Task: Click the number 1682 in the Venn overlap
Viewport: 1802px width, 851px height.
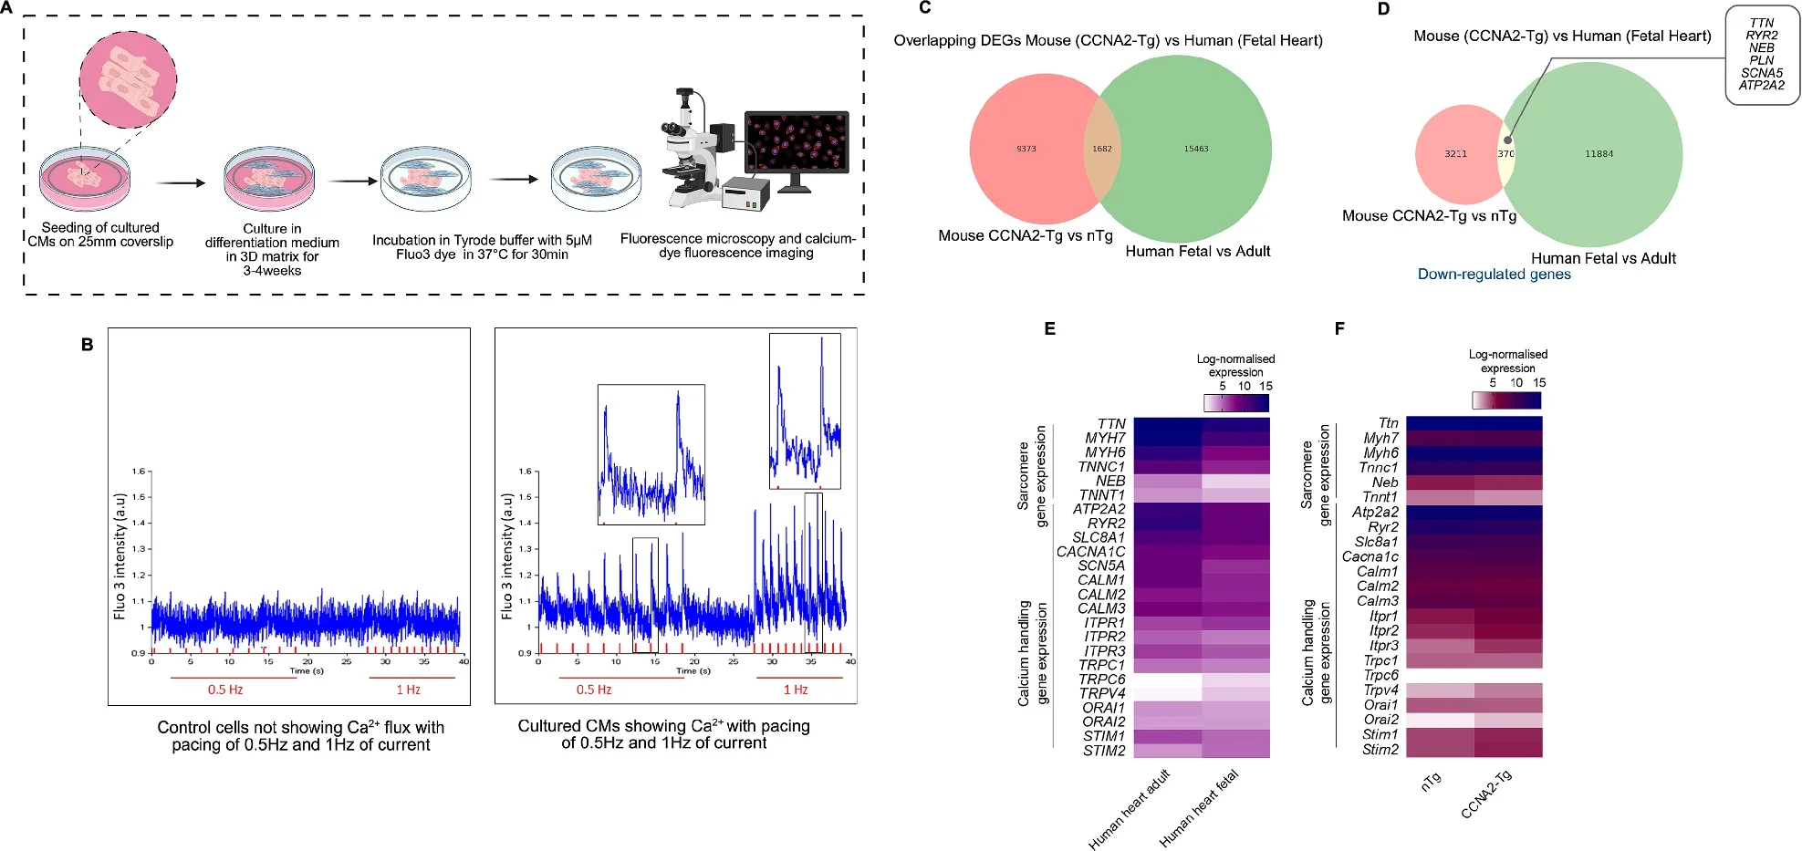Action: (1102, 149)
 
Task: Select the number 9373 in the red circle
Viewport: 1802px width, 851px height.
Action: (1026, 149)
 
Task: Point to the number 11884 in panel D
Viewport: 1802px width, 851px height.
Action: (1599, 154)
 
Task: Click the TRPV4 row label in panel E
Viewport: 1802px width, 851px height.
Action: (1102, 693)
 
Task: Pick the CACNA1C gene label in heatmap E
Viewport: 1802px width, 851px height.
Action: (1091, 552)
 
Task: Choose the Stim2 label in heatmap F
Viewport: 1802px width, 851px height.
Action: (1380, 750)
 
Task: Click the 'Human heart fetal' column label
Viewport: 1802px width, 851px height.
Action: (1199, 808)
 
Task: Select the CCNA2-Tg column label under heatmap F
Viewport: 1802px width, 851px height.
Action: (1486, 794)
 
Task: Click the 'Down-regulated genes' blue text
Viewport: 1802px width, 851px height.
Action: (1494, 275)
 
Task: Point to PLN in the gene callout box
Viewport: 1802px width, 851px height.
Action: (1761, 60)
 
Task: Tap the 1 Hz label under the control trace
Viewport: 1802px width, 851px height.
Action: (408, 690)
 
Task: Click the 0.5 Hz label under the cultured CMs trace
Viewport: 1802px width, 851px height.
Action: (594, 690)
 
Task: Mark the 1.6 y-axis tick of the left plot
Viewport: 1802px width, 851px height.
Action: (139, 472)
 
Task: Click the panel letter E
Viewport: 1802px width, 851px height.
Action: (1049, 329)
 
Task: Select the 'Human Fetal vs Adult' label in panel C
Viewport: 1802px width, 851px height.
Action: (1197, 252)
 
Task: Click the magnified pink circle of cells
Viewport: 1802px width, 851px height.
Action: (128, 79)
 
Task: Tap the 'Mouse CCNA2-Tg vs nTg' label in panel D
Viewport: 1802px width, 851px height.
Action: (1429, 216)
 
